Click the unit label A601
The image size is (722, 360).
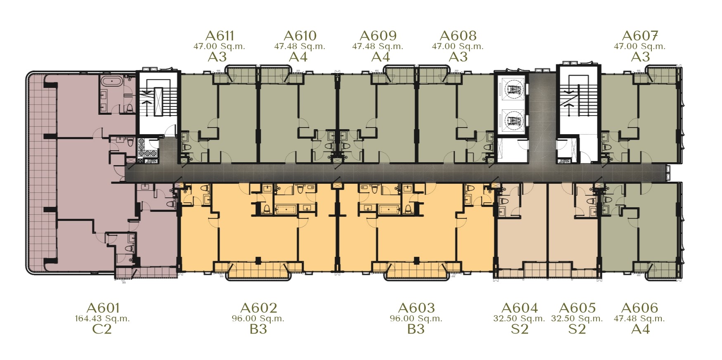tap(103, 308)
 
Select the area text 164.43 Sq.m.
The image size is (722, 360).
tap(102, 319)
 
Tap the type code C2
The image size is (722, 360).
tap(102, 329)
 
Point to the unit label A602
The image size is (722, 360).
tap(259, 308)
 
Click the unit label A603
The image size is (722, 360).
tap(416, 308)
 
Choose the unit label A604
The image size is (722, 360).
tap(519, 308)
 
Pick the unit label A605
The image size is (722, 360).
tap(577, 308)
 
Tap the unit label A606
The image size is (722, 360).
tap(639, 308)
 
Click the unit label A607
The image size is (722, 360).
tap(640, 36)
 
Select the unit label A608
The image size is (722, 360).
tap(458, 36)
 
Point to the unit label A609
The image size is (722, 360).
tap(378, 36)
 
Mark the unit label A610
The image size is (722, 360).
tap(300, 36)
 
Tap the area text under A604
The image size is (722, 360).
tap(519, 319)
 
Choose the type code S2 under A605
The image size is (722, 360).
tap(577, 329)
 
